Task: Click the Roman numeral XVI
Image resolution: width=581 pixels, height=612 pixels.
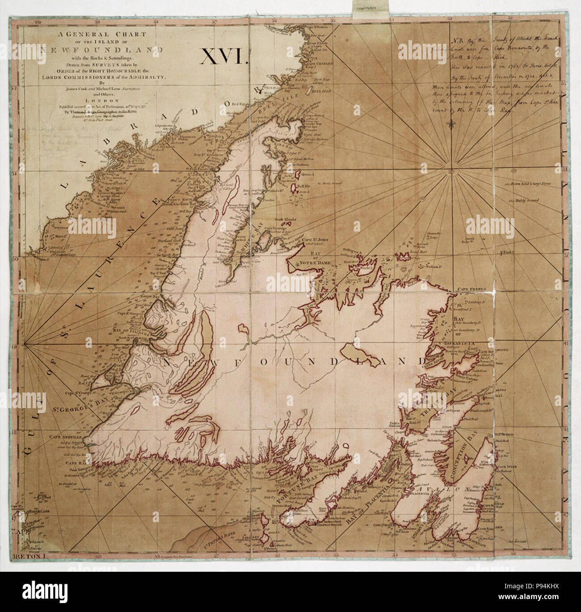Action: point(221,58)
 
